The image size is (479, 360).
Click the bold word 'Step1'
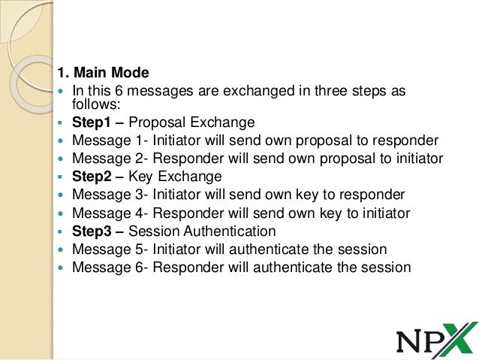91,123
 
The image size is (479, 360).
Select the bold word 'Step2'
91,177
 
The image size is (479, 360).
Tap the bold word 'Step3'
91,231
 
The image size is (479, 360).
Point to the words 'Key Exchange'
175,177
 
